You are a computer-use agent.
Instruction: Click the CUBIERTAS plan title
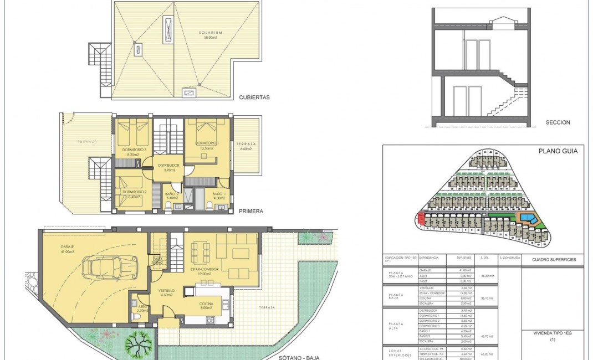[x=254, y=97]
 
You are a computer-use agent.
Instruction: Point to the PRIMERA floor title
[x=252, y=211]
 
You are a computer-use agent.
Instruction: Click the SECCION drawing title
[x=558, y=122]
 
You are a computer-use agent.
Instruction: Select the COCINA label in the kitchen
[x=206, y=304]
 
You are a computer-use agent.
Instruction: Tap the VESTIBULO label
[x=166, y=290]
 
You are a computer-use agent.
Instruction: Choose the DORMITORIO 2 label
[x=134, y=192]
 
